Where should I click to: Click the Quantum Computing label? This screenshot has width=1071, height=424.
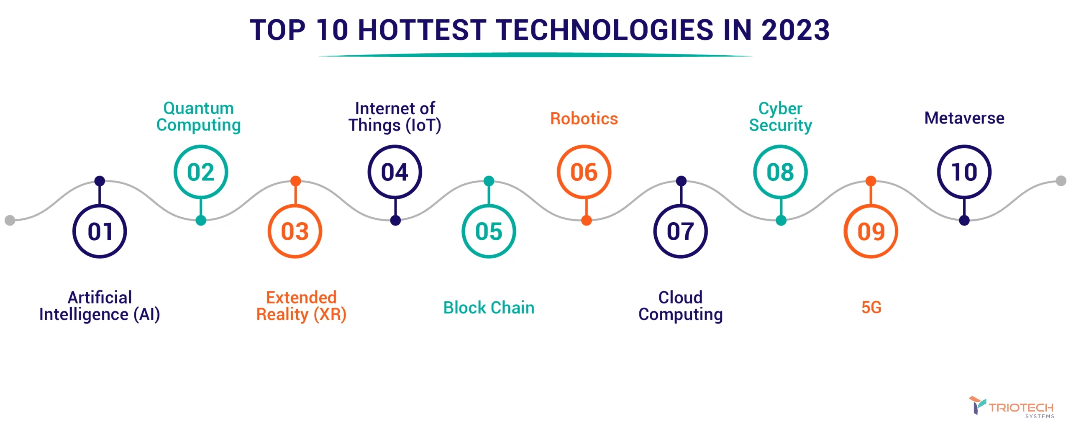[x=199, y=117]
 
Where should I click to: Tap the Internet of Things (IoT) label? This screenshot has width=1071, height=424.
[x=395, y=117]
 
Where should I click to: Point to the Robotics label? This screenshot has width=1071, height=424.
[x=584, y=118]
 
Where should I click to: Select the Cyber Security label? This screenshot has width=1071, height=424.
[x=781, y=117]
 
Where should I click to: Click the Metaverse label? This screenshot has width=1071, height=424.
[x=964, y=118]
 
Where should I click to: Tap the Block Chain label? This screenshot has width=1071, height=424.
[x=489, y=308]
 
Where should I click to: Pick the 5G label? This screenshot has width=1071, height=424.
[x=871, y=308]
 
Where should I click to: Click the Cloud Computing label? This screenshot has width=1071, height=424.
[x=681, y=306]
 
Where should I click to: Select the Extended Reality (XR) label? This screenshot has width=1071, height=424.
[x=301, y=306]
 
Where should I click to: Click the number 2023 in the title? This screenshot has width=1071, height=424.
[x=795, y=30]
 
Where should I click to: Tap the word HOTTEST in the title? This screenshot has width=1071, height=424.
[x=422, y=30]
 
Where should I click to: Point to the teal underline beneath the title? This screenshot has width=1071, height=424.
[x=535, y=55]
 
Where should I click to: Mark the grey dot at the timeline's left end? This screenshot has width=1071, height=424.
[x=10, y=220]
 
